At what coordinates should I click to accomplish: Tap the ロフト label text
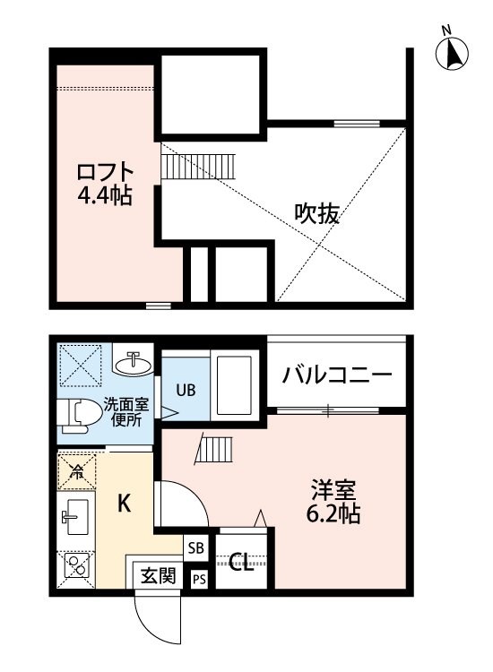[x=105, y=172]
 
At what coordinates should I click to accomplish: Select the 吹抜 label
[x=316, y=213]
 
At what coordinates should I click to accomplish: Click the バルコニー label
[x=337, y=375]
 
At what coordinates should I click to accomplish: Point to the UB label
[x=186, y=390]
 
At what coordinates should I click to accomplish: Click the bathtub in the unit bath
[x=234, y=385]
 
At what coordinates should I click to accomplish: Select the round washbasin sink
[x=134, y=365]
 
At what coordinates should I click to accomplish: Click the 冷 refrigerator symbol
[x=76, y=472]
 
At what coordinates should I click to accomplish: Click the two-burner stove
[x=76, y=565]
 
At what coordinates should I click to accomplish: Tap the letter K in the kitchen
[x=125, y=503]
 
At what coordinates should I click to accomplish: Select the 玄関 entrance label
[x=159, y=574]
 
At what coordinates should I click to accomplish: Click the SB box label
[x=195, y=548]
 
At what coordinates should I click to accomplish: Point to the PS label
[x=199, y=580]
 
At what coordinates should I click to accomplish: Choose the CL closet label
[x=241, y=563]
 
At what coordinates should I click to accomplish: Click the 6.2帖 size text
[x=333, y=513]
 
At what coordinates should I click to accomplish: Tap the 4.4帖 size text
[x=105, y=195]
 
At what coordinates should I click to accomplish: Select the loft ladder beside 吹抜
[x=198, y=166]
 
